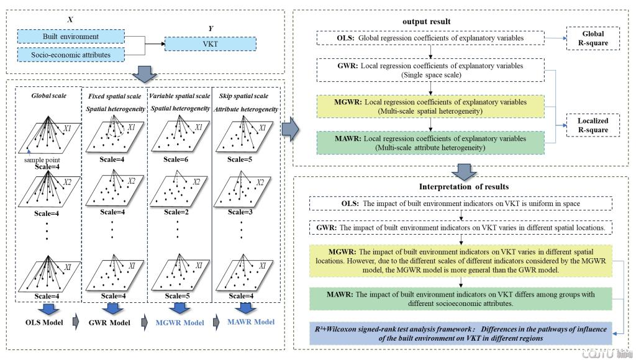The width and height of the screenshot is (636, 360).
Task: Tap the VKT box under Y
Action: click(211, 44)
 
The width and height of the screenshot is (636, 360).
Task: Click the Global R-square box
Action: click(593, 39)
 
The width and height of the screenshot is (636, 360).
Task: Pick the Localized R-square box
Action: click(593, 125)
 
